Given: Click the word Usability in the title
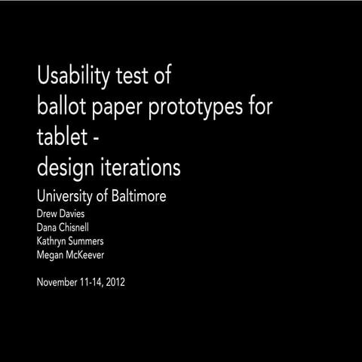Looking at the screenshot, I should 72,76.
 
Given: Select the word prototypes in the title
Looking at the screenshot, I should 192,108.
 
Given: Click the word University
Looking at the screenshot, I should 67,198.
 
